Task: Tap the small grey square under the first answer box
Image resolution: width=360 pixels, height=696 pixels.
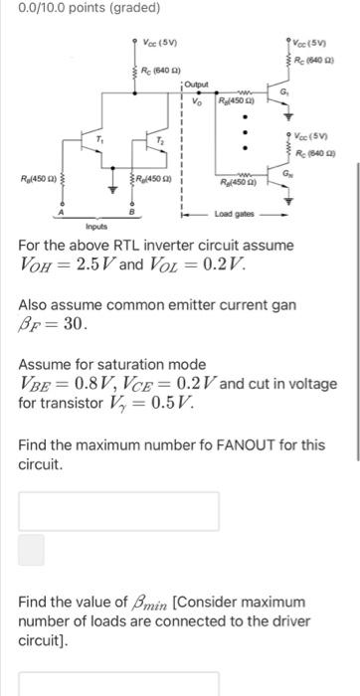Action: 32,550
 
